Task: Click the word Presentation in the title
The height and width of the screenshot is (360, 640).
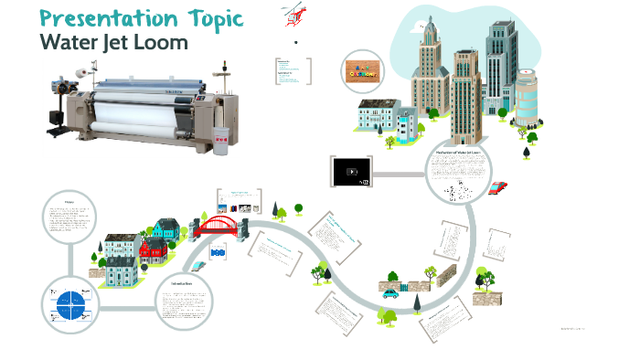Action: tap(95, 18)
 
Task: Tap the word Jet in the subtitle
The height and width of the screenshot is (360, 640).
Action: tap(117, 42)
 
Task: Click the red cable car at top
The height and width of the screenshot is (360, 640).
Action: tap(295, 14)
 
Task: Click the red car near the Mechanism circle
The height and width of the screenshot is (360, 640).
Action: tap(497, 187)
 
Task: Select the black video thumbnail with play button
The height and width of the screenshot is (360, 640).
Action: tap(351, 170)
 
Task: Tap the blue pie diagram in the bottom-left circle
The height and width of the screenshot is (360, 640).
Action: tap(69, 302)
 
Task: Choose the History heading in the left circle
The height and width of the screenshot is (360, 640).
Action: tap(69, 202)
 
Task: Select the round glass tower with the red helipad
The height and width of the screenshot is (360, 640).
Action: tap(529, 92)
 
